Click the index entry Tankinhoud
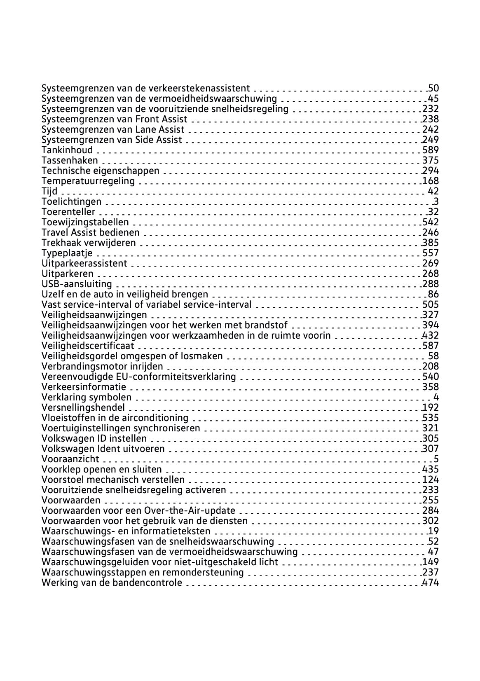67,150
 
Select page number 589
431,150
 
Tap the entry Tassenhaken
70,160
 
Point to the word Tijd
49,191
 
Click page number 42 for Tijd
433,191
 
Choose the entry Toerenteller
68,212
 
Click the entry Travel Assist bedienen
90,232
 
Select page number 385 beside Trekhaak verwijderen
431,243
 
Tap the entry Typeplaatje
67,253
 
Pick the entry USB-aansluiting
77,284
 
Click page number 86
433,294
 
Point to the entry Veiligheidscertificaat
88,346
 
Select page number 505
431,304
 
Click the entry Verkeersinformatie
84,387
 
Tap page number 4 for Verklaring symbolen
436,397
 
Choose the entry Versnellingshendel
83,407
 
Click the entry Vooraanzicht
70,459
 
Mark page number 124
431,480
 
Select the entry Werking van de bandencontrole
112,583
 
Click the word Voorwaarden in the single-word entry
71,500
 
